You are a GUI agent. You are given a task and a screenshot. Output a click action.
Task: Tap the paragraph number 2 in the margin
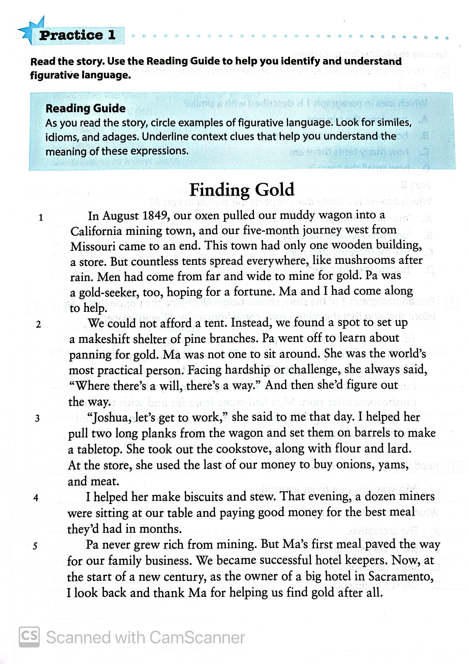click(38, 325)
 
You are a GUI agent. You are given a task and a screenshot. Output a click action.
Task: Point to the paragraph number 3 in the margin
click(37, 418)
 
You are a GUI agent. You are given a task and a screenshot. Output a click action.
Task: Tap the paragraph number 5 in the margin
click(35, 546)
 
